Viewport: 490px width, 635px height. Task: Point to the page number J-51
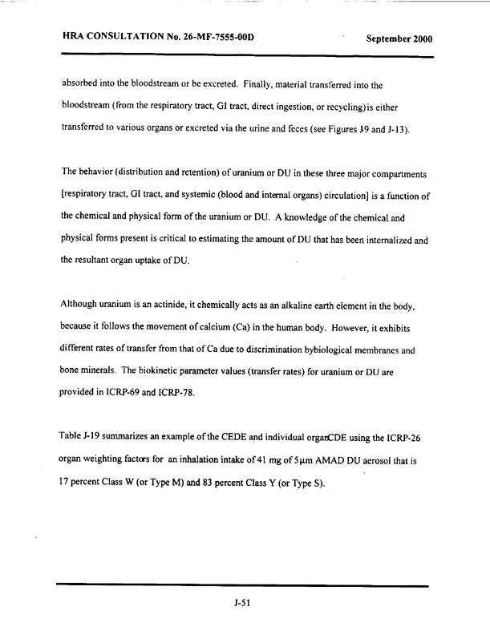[243, 604]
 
